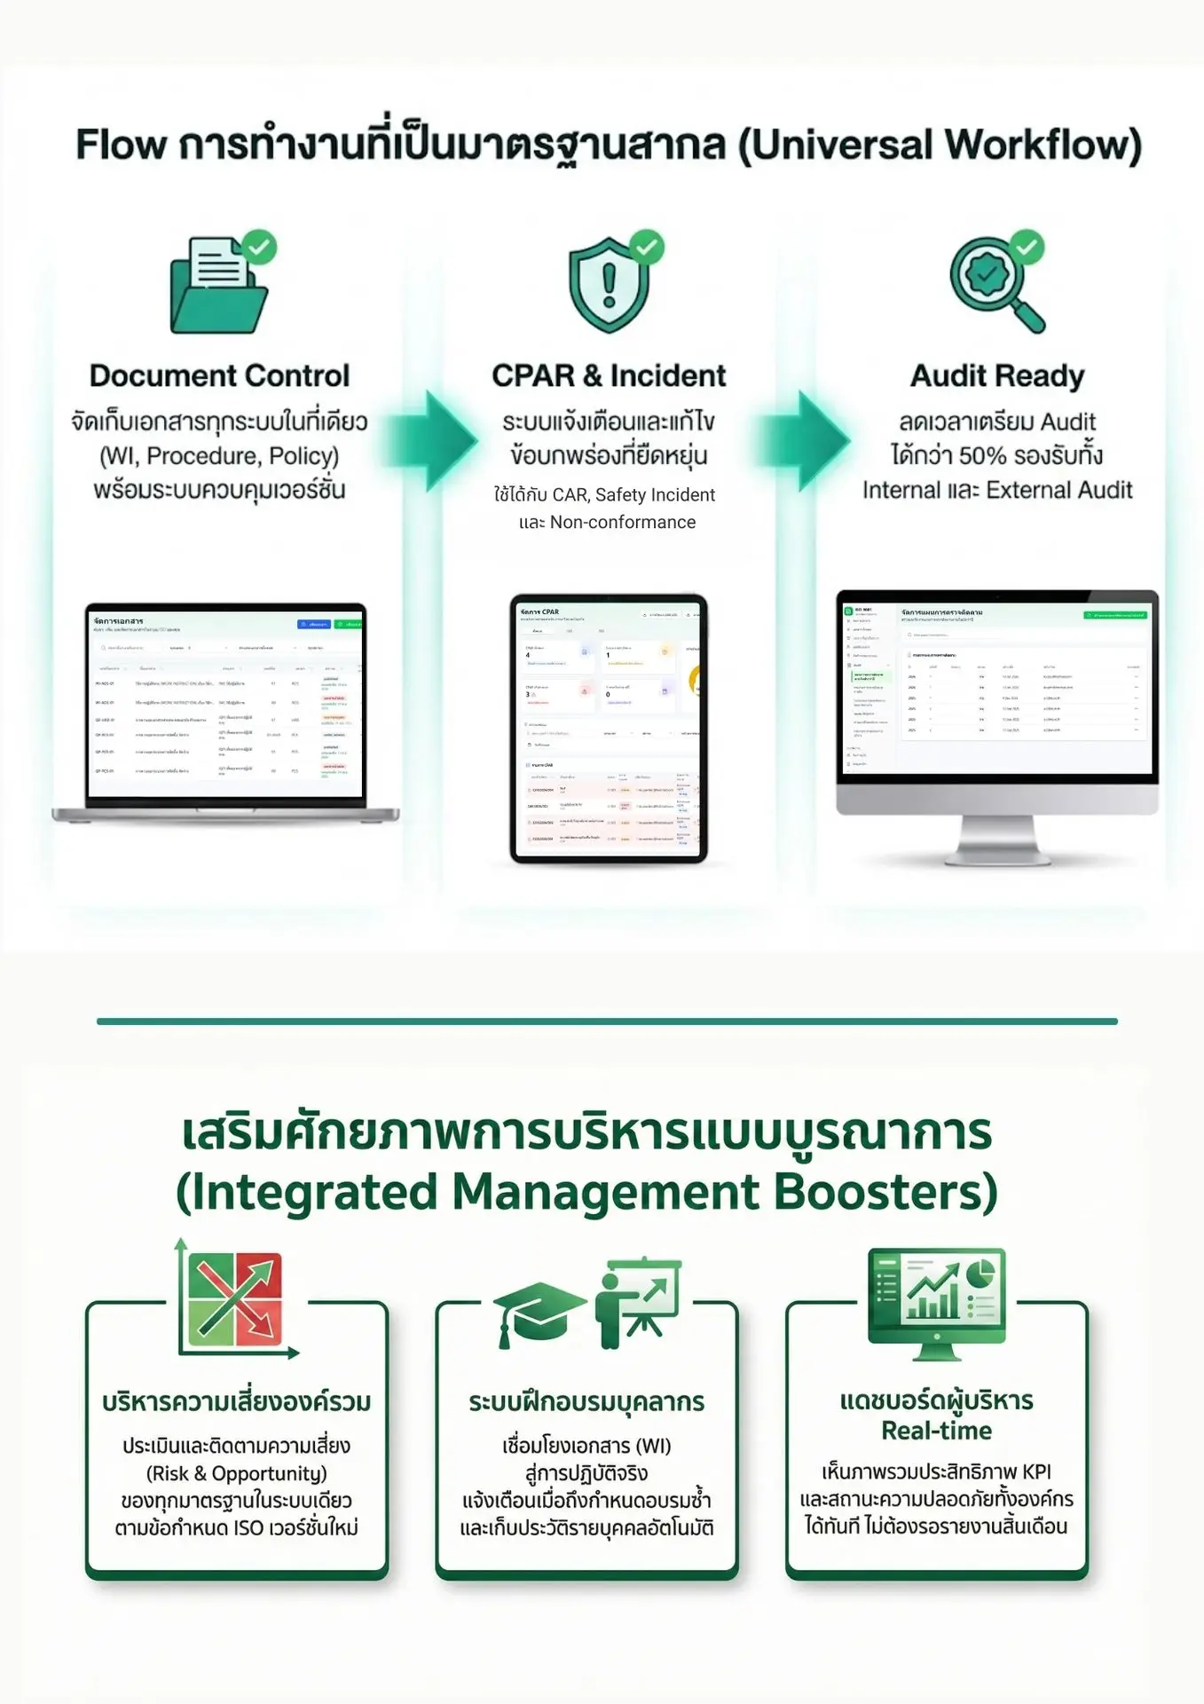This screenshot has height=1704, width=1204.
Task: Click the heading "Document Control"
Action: tap(219, 375)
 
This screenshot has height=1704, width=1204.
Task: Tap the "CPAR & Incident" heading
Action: tap(609, 375)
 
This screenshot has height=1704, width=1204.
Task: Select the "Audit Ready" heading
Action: tap(997, 375)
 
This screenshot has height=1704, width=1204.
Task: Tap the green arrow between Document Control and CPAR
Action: tap(435, 440)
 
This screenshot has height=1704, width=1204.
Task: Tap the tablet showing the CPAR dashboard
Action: tap(609, 728)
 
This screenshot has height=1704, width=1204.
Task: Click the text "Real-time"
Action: tap(936, 1430)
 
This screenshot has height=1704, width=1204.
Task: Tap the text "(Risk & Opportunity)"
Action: tap(236, 1473)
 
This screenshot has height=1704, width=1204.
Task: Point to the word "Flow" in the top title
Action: tap(121, 146)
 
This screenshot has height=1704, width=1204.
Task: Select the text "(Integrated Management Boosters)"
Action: tap(586, 1192)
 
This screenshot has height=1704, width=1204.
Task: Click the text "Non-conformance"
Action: tap(622, 523)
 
